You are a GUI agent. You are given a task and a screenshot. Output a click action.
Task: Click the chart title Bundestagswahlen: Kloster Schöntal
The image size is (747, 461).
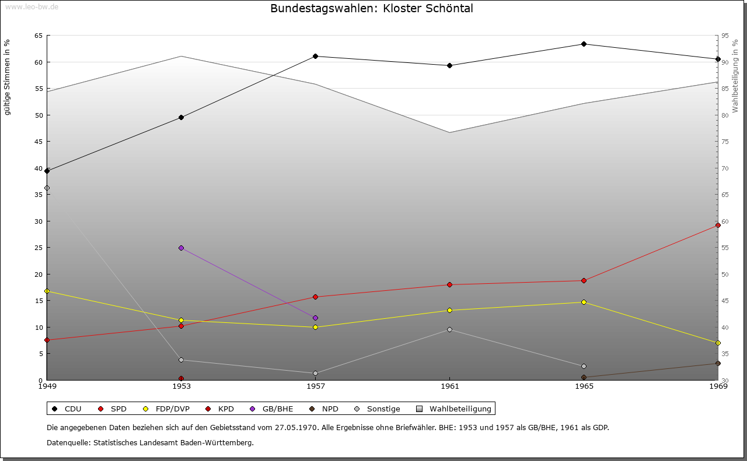372,9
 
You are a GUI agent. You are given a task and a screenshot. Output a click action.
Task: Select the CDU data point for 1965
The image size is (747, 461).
584,44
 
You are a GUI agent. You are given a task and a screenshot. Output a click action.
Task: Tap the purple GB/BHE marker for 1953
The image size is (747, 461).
181,248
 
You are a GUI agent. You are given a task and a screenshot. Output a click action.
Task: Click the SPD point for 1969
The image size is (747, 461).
718,225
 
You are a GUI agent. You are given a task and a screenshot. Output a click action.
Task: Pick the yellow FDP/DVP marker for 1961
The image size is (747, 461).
449,310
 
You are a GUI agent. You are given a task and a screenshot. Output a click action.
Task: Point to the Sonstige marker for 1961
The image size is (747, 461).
449,330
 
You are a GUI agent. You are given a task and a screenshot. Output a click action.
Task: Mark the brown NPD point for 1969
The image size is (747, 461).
718,363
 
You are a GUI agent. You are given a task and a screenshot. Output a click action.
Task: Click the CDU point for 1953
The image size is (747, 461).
181,117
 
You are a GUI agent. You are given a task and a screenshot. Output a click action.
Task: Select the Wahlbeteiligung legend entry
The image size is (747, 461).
455,409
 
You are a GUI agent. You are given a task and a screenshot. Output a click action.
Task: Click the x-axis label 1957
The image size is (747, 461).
316,386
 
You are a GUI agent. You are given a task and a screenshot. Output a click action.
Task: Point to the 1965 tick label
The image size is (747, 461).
584,386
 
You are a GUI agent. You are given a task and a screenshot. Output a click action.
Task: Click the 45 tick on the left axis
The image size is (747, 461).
38,142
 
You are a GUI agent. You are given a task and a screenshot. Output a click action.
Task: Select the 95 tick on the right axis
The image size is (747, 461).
725,36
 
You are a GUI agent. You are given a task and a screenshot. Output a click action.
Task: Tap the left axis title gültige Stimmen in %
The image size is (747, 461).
8,77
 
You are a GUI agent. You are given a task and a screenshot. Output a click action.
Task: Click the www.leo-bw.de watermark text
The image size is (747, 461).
32,6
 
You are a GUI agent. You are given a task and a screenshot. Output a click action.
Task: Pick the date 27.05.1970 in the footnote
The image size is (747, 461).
295,427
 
